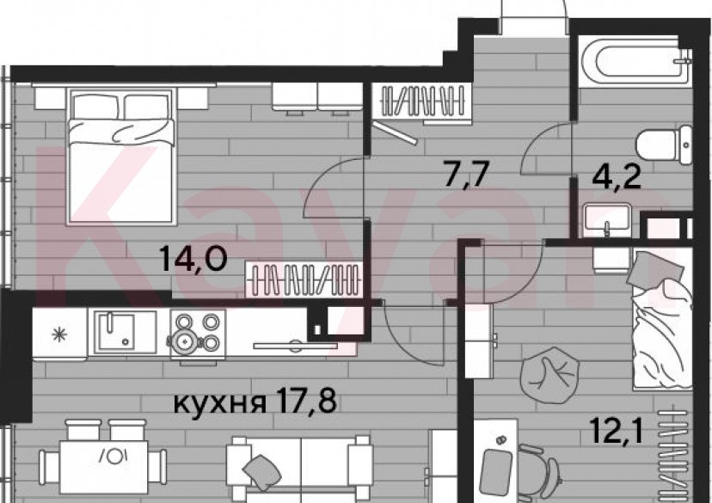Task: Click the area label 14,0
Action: point(194,256)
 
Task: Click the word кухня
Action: point(218,402)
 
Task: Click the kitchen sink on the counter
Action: point(126,331)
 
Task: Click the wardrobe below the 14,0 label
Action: point(303,279)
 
